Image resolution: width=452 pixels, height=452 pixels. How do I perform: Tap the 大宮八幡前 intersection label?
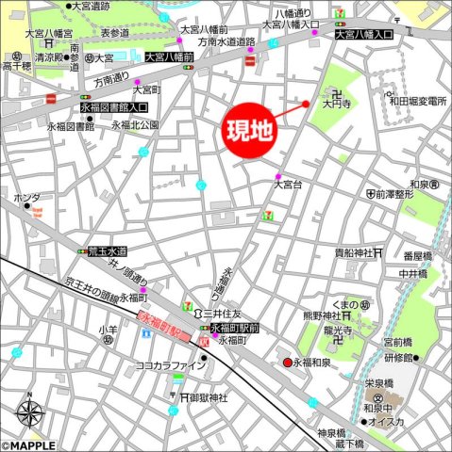pos(169,56)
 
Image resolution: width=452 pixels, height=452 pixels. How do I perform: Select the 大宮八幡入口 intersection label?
pos(363,35)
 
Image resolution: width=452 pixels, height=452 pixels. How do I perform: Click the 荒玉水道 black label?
pos(107,252)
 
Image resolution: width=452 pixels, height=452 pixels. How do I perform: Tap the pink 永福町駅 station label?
pos(165,326)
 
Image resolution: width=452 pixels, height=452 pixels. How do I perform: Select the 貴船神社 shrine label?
pos(352,252)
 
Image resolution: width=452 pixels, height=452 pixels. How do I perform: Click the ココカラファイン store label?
pos(171,365)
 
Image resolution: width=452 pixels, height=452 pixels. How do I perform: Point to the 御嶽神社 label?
pos(209,397)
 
